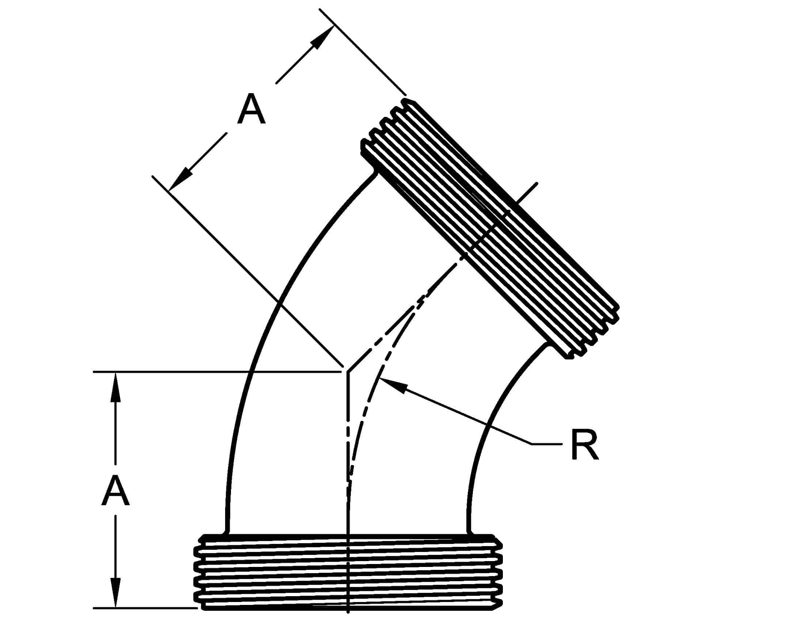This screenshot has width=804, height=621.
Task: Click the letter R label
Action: click(585, 446)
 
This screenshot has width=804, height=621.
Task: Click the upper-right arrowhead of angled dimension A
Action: click(322, 37)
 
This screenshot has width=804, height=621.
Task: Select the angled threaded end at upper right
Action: click(490, 228)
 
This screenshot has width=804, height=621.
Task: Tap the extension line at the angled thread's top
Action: click(363, 52)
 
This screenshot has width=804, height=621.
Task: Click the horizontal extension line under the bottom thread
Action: click(145, 608)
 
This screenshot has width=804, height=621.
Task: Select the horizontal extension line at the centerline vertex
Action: click(217, 372)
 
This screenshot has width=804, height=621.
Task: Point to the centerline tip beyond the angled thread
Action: click(537, 183)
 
